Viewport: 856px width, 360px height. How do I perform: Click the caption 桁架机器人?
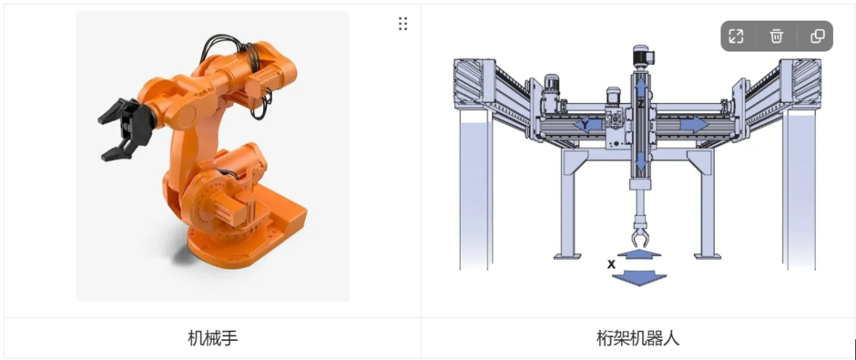(x=638, y=338)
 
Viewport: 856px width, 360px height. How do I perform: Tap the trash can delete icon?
(x=776, y=36)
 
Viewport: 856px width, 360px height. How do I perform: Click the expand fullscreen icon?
(x=736, y=36)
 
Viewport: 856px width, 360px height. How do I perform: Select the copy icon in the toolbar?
(x=817, y=36)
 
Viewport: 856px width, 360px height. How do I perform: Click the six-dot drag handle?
(x=403, y=24)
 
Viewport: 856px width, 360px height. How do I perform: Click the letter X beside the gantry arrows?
(x=611, y=264)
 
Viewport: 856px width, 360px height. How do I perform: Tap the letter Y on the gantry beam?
(x=585, y=125)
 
